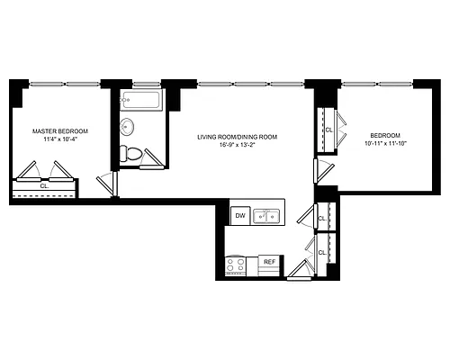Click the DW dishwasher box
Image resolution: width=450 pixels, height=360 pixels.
coord(239,216)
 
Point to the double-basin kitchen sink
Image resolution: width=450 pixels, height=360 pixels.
coord(266,215)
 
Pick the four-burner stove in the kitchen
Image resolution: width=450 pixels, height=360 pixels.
coord(237,265)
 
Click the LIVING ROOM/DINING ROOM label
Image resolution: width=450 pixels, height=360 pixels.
coord(238,137)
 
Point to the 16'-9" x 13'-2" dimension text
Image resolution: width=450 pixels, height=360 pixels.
coord(238,147)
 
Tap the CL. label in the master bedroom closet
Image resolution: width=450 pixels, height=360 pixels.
coord(43,186)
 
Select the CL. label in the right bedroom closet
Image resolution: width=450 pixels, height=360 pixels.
coord(328,130)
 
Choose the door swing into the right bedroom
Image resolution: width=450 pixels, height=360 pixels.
coord(321,168)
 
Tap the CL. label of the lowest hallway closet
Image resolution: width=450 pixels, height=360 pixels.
coord(323,253)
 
